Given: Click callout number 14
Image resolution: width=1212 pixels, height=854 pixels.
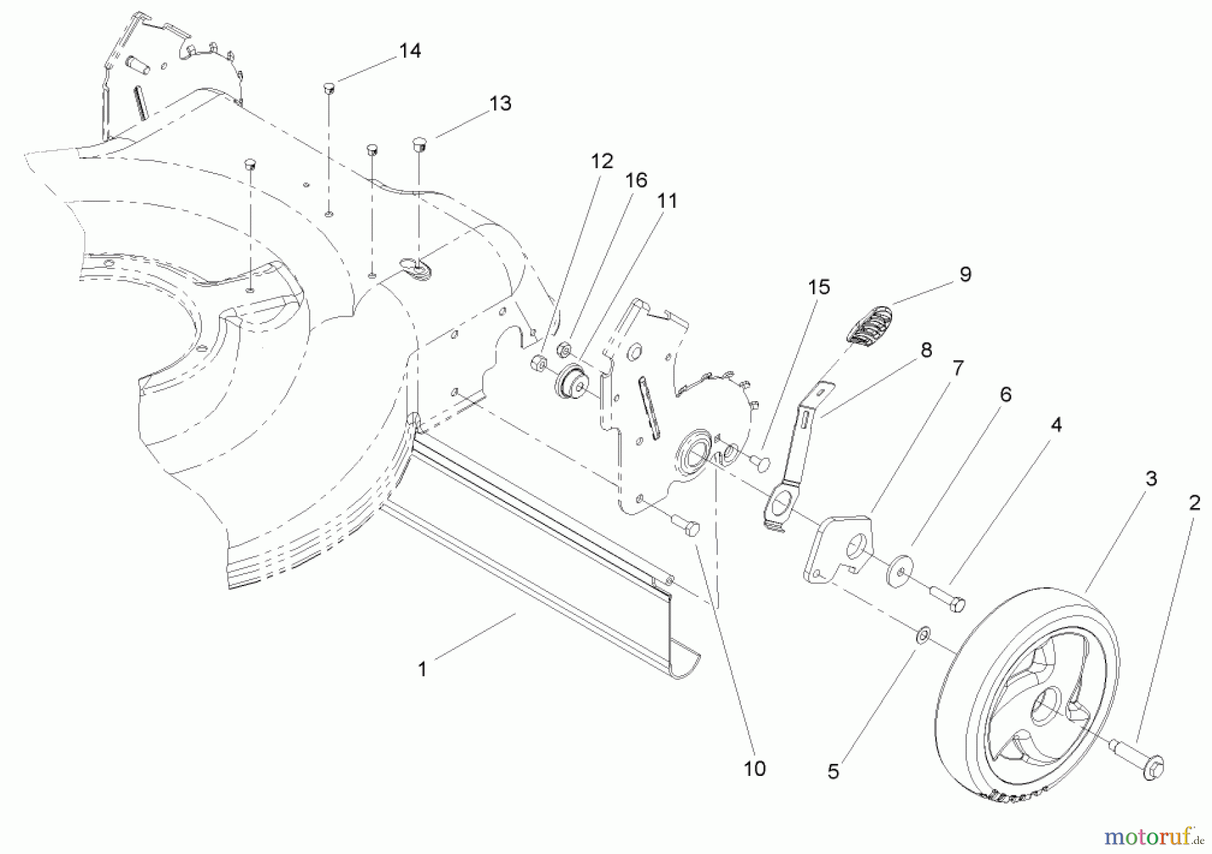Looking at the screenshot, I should tap(410, 51).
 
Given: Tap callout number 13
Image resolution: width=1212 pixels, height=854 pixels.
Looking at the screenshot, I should tap(500, 104).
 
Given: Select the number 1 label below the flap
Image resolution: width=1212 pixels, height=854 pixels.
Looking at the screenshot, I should tap(422, 670).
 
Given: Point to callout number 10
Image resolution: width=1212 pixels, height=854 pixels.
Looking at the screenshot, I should tap(755, 769).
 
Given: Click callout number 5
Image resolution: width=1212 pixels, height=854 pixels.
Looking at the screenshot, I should tap(834, 772).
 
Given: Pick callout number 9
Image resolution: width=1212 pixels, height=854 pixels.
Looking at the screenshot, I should tap(966, 275).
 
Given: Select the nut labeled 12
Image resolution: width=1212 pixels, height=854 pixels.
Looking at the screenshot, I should tap(538, 363).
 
